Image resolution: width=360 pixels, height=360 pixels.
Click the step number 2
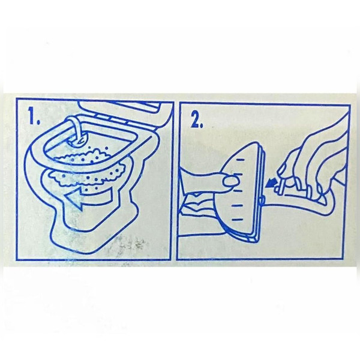click(x=195, y=119)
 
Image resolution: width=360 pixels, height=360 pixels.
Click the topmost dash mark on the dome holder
click(x=241, y=160)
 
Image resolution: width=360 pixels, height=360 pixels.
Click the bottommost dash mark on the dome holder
click(x=237, y=220)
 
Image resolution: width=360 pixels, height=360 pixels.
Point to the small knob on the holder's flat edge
click(x=261, y=200)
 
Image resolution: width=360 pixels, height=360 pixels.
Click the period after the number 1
click(x=37, y=122)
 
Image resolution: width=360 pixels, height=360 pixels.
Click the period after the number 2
click(x=202, y=125)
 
